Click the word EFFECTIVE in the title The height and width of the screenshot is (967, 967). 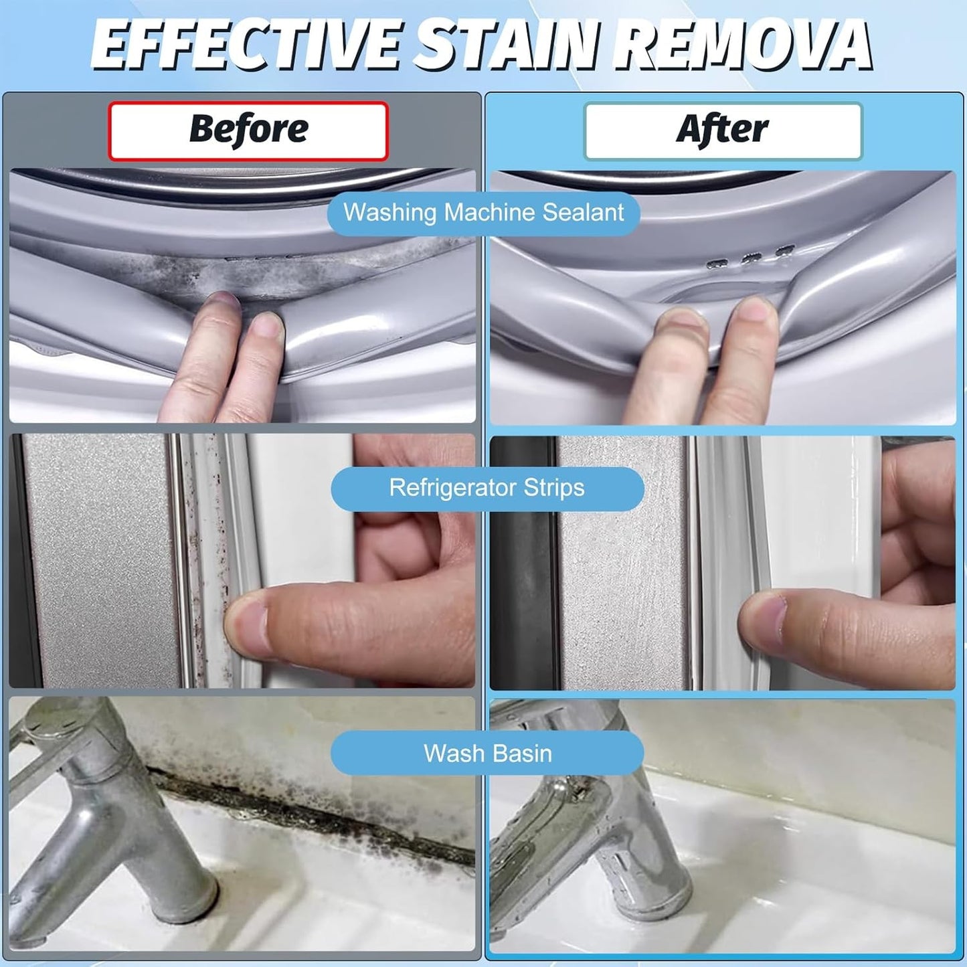point(248,46)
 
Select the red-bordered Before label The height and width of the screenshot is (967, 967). point(248,130)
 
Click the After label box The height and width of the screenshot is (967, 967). point(723,130)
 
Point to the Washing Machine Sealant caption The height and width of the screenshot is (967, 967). point(483,213)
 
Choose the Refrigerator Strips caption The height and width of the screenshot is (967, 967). point(487,488)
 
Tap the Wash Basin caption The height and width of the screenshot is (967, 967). point(487,754)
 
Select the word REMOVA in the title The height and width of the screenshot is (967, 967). point(743,46)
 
